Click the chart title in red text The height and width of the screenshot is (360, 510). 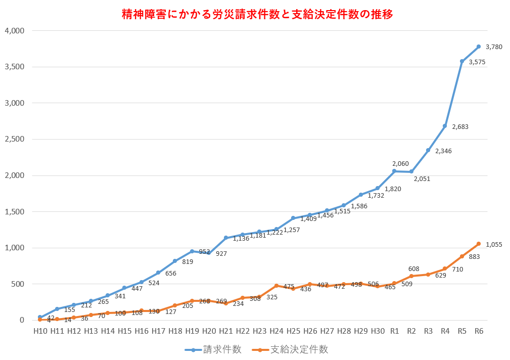[x=257, y=14]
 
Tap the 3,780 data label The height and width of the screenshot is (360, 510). [x=494, y=47]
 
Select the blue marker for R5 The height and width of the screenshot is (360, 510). [x=462, y=61]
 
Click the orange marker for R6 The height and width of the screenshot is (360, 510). [x=479, y=244]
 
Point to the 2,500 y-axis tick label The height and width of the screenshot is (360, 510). [x=14, y=139]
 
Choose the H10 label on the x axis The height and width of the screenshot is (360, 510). [x=40, y=331]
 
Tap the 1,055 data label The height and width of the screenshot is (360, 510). [x=494, y=245]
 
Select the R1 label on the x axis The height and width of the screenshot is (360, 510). [x=395, y=331]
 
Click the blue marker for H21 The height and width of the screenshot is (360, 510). [x=225, y=238]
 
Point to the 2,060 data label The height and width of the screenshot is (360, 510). [x=400, y=164]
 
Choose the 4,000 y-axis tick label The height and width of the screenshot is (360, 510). [x=14, y=30]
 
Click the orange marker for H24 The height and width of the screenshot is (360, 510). [x=276, y=286]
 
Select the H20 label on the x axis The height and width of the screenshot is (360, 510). [x=209, y=331]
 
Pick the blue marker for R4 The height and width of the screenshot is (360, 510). [x=445, y=126]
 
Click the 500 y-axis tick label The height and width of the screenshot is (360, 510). [x=18, y=284]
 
